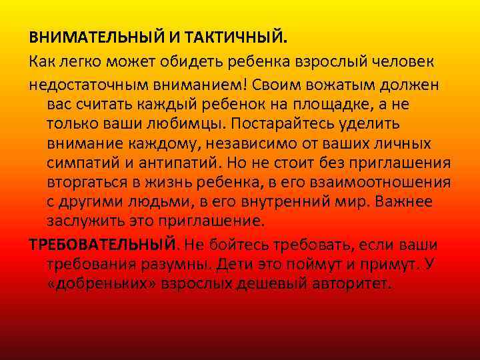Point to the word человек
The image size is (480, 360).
(x=401, y=62)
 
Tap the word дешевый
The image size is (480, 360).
(x=275, y=285)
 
